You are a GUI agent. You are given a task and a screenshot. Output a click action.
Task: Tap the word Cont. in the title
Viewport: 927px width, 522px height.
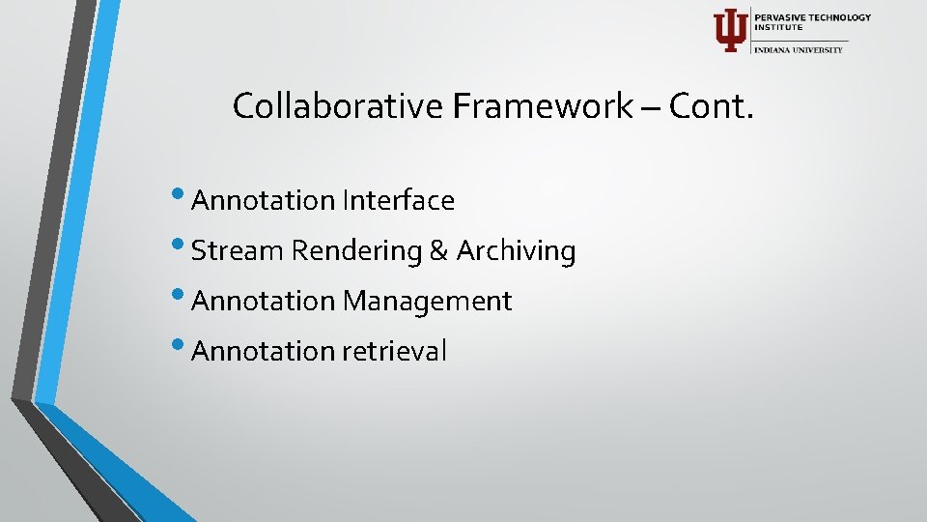coord(711,105)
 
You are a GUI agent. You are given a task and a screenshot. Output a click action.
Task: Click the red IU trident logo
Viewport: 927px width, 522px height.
coord(729,30)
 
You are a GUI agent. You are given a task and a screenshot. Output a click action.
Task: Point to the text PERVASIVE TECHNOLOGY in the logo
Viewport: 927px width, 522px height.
coord(813,17)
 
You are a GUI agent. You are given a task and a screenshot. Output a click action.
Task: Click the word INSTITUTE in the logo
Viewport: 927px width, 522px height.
coord(778,28)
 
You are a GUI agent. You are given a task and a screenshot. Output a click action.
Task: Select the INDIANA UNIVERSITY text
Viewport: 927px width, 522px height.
coord(799,49)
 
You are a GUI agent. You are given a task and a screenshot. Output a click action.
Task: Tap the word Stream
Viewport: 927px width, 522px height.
coord(238,250)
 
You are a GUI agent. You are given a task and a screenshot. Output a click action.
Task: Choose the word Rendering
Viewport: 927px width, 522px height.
coord(357,250)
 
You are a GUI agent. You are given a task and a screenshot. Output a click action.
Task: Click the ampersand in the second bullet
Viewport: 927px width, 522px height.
coord(439,251)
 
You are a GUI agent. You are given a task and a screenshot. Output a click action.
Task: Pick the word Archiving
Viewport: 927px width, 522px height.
coord(516,250)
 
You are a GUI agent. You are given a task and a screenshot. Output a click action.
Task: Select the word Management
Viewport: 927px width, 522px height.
coord(427,301)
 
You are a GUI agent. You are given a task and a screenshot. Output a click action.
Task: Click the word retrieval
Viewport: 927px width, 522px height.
coord(394,351)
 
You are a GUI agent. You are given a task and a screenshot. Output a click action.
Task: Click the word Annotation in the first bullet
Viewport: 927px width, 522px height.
coord(263,200)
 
